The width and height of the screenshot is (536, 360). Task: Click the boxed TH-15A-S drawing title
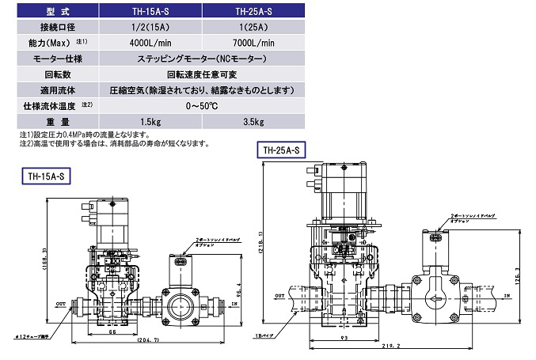[x=45, y=177]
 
